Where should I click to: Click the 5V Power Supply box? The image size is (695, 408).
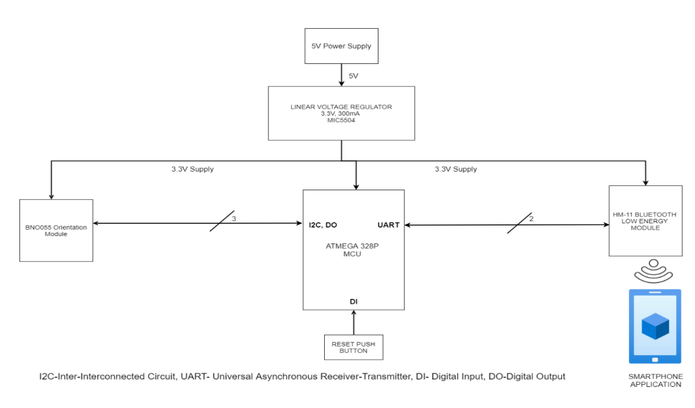341,46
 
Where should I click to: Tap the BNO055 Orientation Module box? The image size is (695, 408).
56,230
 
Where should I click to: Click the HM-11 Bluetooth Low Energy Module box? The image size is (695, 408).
645,221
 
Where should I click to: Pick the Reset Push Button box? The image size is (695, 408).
353,347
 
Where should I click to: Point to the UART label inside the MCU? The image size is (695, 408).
388,224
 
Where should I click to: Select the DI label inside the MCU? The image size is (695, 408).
353,301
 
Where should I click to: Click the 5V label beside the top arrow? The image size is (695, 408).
353,76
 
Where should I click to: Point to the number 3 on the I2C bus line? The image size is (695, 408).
234,218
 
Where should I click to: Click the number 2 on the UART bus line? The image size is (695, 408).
531,218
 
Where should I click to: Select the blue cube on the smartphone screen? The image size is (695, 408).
655,326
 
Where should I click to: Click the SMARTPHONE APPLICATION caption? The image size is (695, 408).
655,380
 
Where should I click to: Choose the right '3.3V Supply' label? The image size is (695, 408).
456,169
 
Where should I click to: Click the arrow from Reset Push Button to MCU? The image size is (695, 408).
353,323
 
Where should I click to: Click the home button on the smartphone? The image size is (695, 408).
655,359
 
